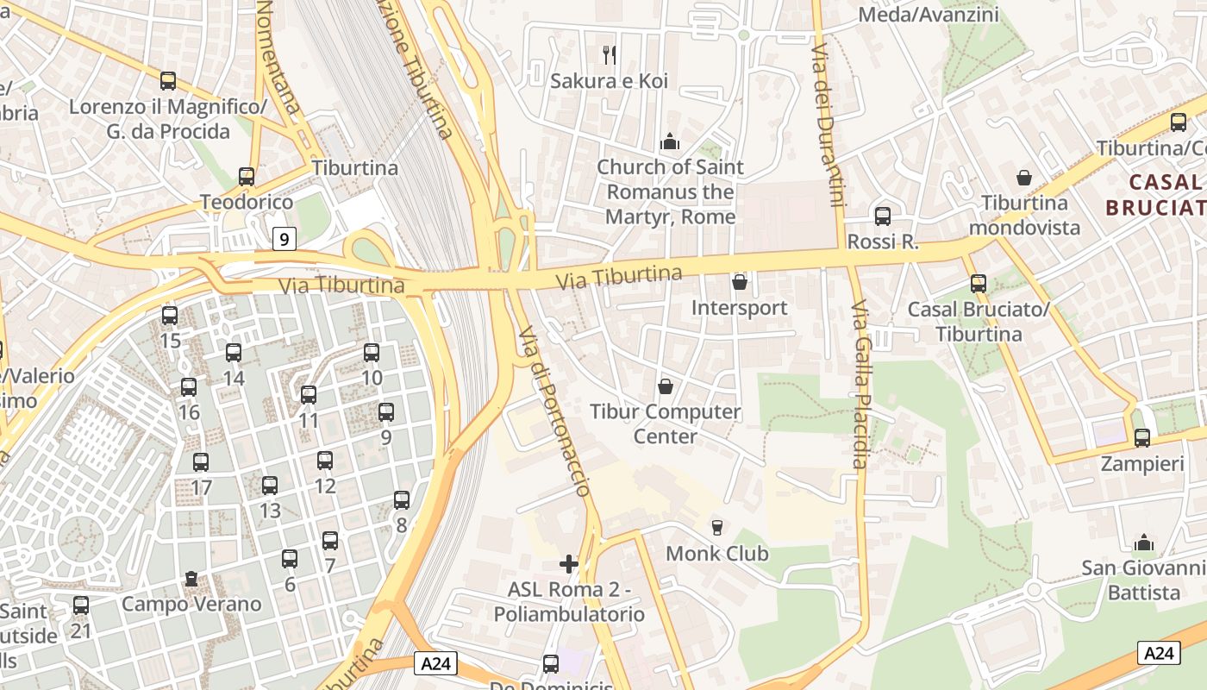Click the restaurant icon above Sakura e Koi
pos(610,55)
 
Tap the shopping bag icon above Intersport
pos(740,282)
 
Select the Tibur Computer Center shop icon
pos(666,386)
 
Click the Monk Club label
pos(716,553)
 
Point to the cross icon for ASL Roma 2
pos(569,564)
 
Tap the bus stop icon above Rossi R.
pos(883,216)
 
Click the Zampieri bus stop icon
pos(1142,438)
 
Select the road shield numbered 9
pos(285,238)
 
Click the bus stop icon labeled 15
pos(170,316)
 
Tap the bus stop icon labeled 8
pos(402,499)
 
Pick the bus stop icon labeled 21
pos(81,605)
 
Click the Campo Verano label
pos(191,604)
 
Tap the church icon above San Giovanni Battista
pos(1144,543)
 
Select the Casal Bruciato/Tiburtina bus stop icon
pos(979,284)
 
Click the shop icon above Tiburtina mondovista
pos(1024,178)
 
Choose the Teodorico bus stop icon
pos(247,177)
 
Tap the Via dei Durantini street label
pos(827,126)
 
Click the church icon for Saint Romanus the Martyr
pos(670,141)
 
